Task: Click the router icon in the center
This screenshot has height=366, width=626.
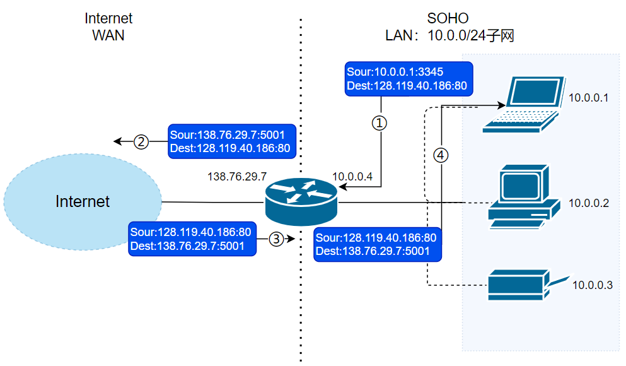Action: pyautogui.click(x=301, y=201)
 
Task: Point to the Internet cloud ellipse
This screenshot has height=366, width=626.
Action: pyautogui.click(x=83, y=201)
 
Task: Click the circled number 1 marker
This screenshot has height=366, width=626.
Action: pyautogui.click(x=379, y=123)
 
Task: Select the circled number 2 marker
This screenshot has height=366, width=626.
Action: pyautogui.click(x=142, y=142)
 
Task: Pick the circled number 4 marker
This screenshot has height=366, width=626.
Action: pyautogui.click(x=441, y=155)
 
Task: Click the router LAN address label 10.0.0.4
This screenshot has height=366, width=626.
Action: pyautogui.click(x=352, y=177)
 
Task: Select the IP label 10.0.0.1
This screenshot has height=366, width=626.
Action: pyautogui.click(x=588, y=98)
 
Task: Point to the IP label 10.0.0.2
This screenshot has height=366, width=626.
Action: pyautogui.click(x=588, y=203)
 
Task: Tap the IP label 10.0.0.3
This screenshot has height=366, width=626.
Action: pyautogui.click(x=592, y=285)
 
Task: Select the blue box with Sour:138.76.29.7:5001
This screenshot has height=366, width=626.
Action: pyautogui.click(x=231, y=141)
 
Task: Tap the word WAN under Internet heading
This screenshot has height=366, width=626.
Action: pyautogui.click(x=108, y=35)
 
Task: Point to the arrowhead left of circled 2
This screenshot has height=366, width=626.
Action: pyautogui.click(x=118, y=141)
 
